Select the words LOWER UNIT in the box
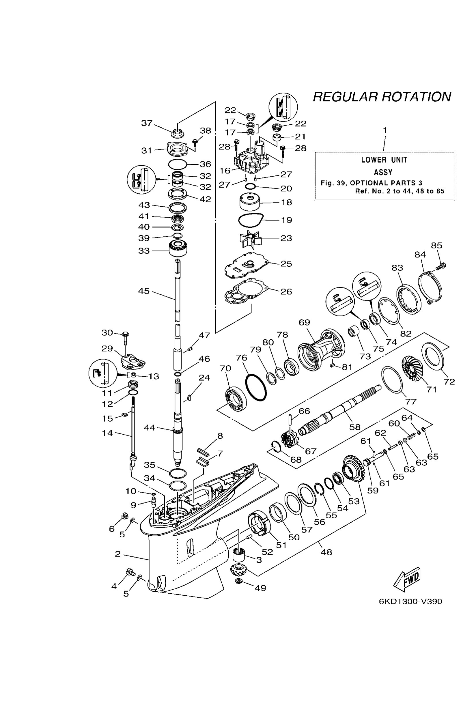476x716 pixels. [x=384, y=160]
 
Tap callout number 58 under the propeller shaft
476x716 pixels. [x=354, y=427]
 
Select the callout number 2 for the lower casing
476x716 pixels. [x=118, y=554]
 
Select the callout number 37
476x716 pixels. [x=147, y=123]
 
